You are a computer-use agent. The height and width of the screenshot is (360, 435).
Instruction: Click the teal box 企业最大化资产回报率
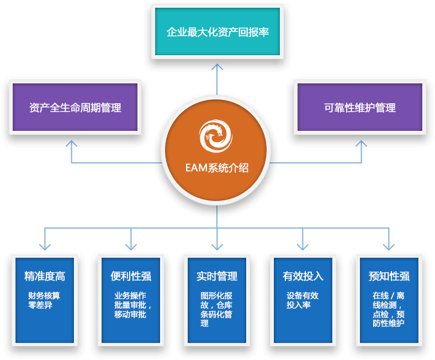click(217, 31)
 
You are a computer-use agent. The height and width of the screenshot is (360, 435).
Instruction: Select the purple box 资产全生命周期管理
click(75, 107)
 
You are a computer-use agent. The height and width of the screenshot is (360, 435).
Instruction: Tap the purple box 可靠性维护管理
click(360, 107)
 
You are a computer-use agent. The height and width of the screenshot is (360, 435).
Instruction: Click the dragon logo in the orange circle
click(216, 135)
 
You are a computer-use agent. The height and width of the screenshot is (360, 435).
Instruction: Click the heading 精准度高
click(45, 276)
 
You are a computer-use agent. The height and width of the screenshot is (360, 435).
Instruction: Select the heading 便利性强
click(131, 276)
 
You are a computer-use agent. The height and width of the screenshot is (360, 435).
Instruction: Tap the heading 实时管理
click(217, 276)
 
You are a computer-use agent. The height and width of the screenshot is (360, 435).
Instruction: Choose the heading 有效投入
click(303, 276)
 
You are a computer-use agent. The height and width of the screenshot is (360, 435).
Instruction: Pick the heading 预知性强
click(389, 276)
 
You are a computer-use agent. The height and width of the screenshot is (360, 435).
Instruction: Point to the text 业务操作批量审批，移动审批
click(130, 305)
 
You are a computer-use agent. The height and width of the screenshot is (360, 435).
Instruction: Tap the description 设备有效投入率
click(302, 300)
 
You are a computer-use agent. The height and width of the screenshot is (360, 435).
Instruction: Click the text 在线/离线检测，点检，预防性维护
click(389, 309)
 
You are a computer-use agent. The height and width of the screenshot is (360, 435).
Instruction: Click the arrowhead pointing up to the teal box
click(217, 67)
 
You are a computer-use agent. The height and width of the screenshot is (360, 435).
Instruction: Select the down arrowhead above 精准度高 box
click(45, 245)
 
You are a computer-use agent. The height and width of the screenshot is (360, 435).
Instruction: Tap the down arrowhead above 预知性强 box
click(389, 245)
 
